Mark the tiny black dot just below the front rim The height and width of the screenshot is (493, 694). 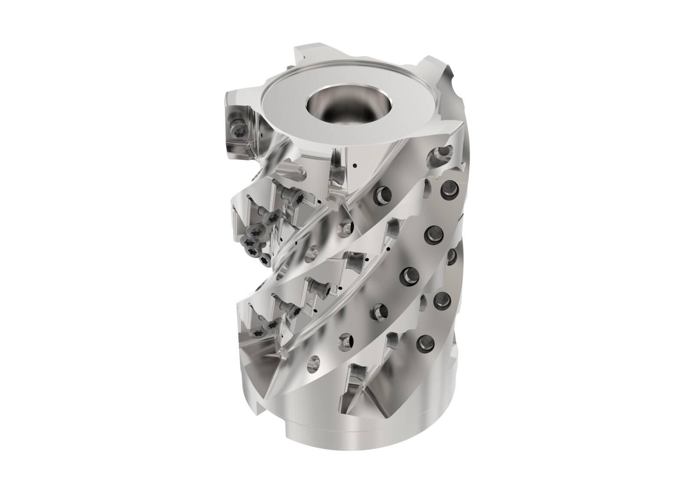click(x=355, y=165)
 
